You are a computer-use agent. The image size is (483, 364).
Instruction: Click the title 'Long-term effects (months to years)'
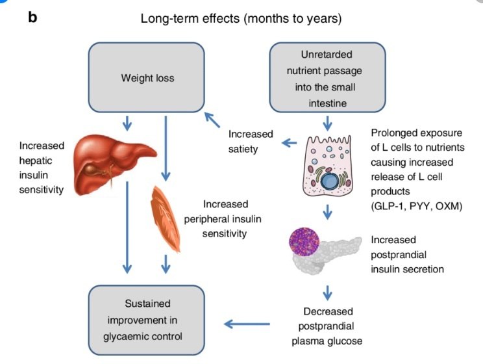click(x=241, y=19)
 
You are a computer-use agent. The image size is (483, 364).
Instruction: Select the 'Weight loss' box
click(x=147, y=77)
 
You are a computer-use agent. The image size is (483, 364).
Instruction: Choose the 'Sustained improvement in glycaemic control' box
click(x=147, y=319)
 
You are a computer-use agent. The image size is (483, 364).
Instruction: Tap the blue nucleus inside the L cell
click(x=336, y=178)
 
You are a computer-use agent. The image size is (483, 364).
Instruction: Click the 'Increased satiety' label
click(x=251, y=142)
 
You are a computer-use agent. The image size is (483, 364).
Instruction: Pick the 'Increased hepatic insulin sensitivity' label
click(x=42, y=168)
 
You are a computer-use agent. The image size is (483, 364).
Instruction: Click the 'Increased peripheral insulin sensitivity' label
click(x=243, y=218)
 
